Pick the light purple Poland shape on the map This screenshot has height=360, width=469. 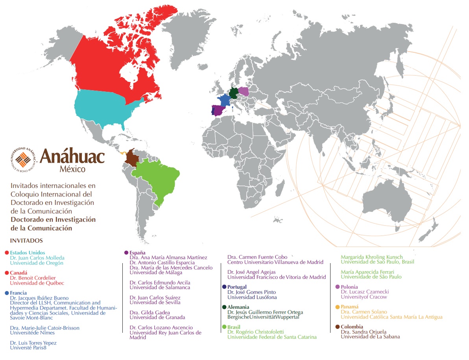click(x=244, y=91)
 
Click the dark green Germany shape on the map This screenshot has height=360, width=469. click(x=233, y=93)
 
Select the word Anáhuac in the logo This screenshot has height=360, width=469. click(x=72, y=157)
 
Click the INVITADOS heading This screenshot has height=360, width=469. click(x=27, y=240)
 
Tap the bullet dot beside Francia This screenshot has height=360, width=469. click(x=7, y=293)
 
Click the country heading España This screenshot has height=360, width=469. click(x=137, y=252)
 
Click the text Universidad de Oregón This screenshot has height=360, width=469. click(x=37, y=263)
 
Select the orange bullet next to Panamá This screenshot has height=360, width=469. click(x=337, y=307)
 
